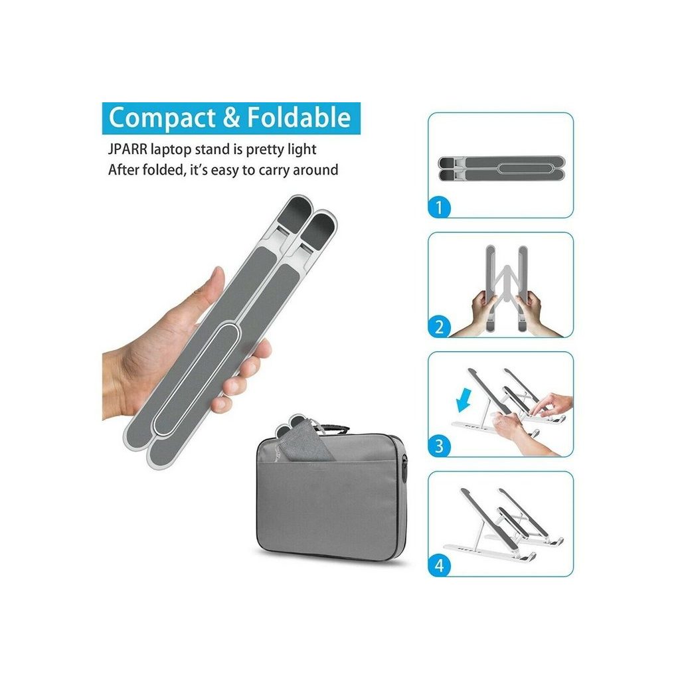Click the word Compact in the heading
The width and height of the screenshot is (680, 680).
tap(162, 118)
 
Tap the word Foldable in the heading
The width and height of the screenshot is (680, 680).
tap(299, 117)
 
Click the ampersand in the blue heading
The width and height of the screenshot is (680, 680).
tap(231, 118)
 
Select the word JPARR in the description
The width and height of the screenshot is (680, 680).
tap(127, 149)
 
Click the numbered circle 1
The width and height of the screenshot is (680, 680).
tap(440, 207)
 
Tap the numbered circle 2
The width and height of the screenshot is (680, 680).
tap(440, 327)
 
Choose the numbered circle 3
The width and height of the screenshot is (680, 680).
tap(440, 446)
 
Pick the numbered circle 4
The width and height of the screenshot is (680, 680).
tap(440, 566)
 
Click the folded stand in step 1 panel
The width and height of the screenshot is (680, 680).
tap(501, 169)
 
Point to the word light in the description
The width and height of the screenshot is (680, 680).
tap(302, 149)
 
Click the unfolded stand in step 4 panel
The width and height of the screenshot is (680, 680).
tap(504, 525)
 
